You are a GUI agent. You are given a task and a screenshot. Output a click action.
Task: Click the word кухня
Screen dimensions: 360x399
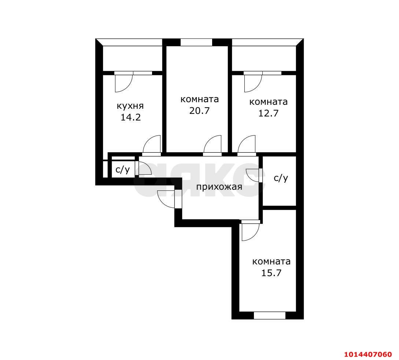tap(130, 106)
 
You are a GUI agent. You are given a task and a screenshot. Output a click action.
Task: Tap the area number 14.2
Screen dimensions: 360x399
tap(130, 118)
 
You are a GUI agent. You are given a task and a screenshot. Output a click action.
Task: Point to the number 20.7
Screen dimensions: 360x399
tap(199, 111)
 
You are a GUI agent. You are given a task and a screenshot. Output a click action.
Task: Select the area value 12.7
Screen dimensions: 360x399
tap(268, 113)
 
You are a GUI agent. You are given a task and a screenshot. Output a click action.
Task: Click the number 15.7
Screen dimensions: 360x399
tap(271, 273)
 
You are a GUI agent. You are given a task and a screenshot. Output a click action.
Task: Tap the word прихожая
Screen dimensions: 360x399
tap(219, 187)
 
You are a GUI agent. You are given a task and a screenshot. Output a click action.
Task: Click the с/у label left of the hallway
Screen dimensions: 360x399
tap(123, 170)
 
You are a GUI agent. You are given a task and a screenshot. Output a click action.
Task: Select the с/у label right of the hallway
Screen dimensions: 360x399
tap(281, 178)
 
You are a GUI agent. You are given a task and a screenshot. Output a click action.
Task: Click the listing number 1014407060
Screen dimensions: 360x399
tap(368, 354)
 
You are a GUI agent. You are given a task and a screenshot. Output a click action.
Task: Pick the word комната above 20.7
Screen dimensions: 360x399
tap(200, 99)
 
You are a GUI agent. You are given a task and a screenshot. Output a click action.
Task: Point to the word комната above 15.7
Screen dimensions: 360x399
tap(271, 261)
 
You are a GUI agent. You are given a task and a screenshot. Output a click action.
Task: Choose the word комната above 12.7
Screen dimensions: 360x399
tap(269, 102)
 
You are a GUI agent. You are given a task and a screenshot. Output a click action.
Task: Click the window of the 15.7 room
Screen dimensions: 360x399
tap(269, 315)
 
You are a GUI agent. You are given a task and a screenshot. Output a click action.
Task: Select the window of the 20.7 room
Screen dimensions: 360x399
tap(196, 42)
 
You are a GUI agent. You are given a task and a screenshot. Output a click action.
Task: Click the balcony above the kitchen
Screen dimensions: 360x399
tap(132, 58)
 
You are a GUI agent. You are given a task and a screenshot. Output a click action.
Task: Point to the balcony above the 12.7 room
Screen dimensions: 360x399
tap(264, 58)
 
